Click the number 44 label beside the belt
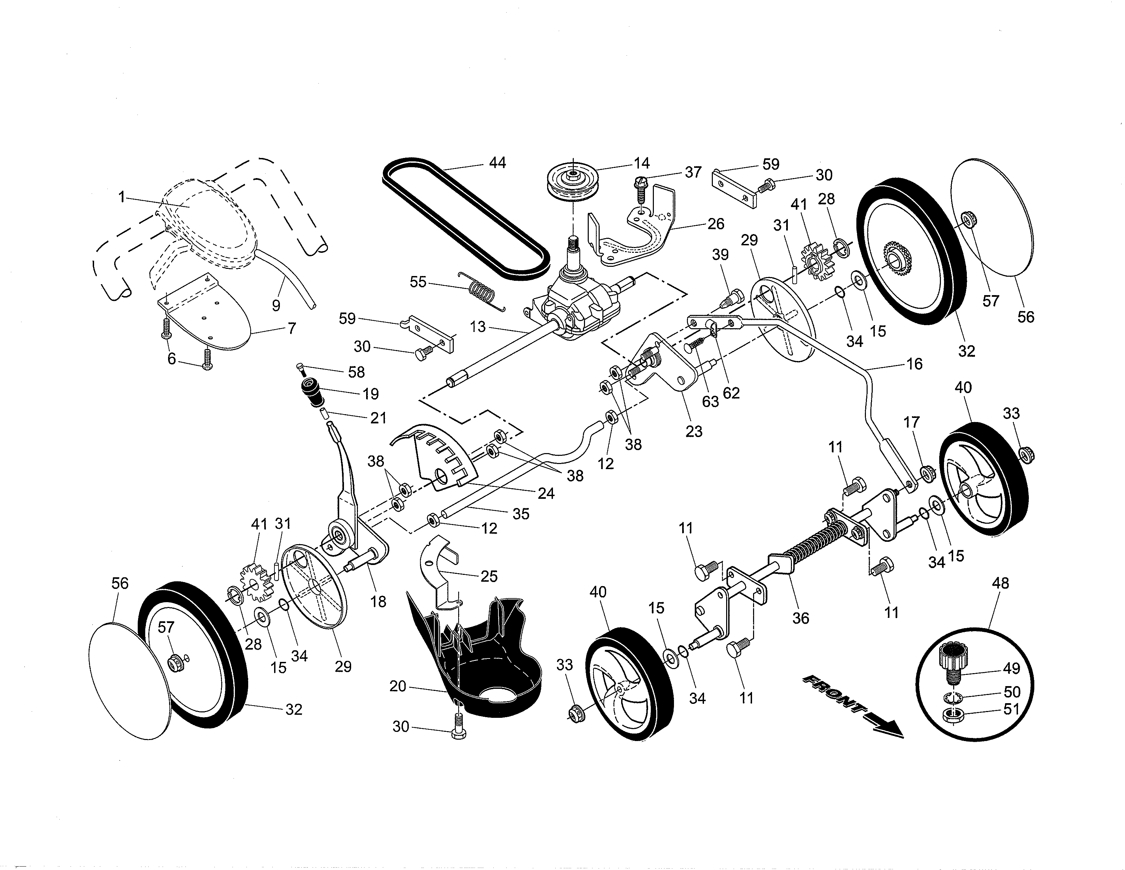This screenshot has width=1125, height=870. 497,163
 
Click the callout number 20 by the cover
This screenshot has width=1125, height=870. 398,686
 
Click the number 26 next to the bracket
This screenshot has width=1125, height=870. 716,224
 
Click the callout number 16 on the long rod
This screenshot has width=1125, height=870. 914,364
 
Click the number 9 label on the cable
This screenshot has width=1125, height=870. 276,306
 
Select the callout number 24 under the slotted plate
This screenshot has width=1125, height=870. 546,493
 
